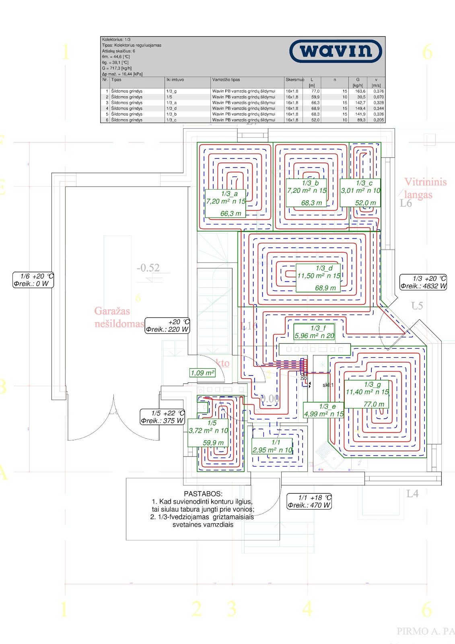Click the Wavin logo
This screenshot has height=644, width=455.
tap(336, 51)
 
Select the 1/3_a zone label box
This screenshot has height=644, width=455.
tap(225, 203)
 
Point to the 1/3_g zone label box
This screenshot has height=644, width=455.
tap(367, 394)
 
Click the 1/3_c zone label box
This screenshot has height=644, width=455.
tap(360, 193)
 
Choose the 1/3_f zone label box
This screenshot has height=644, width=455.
tap(314, 332)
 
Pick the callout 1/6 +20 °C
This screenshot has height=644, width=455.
tap(33, 280)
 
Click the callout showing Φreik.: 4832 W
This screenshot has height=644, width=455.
tap(423, 282)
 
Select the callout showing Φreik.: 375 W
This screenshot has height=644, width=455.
tap(162, 417)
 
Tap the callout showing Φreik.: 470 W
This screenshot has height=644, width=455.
tap(309, 502)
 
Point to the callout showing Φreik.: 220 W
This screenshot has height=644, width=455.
tap(167, 326)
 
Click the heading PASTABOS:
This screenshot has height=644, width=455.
tap(203, 494)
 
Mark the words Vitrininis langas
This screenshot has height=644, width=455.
tap(425, 188)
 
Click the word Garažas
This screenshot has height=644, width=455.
tap(112, 311)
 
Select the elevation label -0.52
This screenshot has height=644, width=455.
tap(148, 268)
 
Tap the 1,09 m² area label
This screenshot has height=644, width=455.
tap(202, 373)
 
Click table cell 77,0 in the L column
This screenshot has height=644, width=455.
tap(315, 91)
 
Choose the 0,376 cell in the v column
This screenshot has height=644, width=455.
tap(378, 91)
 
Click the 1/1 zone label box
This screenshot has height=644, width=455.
tap(272, 446)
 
